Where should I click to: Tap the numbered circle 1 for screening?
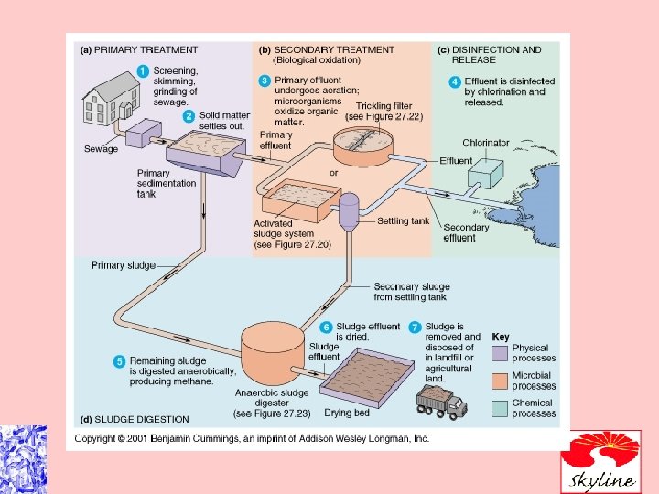point(144,70)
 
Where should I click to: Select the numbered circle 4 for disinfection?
point(455,81)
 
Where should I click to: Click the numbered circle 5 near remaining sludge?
point(119,361)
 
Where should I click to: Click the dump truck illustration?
point(441,401)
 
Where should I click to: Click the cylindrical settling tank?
point(348,212)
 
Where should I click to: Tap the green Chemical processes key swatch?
point(500,408)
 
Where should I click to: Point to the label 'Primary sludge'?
point(123,265)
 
